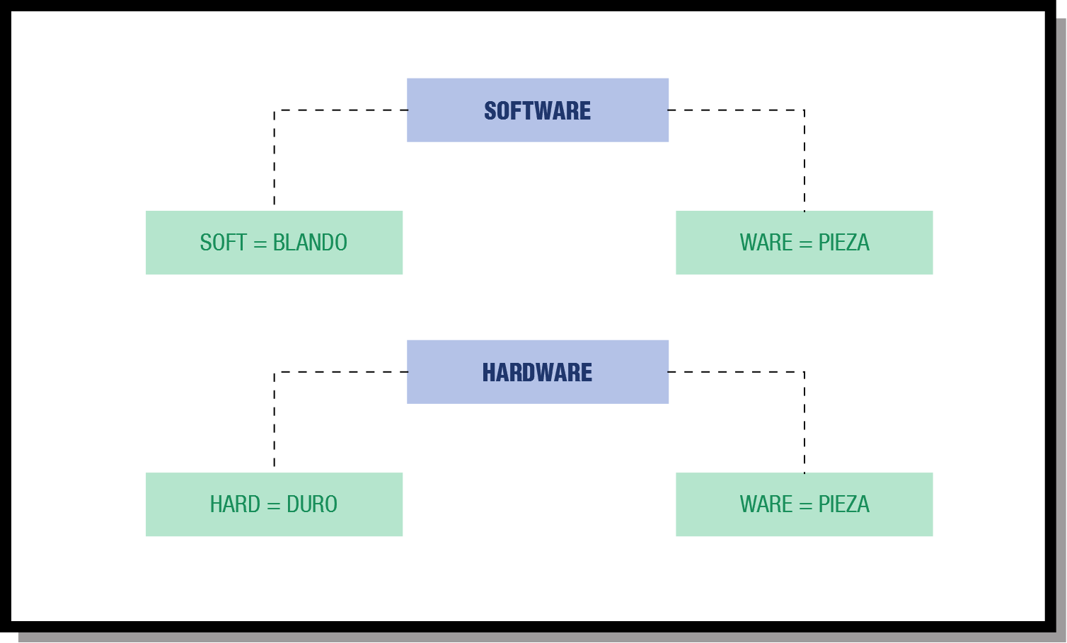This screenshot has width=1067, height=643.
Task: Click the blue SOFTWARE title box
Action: [537, 110]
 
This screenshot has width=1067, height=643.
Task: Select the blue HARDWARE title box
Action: [537, 372]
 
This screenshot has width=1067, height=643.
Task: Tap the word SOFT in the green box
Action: [223, 243]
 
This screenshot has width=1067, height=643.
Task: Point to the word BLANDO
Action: [310, 243]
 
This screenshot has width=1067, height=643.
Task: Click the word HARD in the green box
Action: [235, 504]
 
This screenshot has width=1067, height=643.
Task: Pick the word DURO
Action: [312, 504]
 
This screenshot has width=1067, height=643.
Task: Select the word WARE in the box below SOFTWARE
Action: [766, 243]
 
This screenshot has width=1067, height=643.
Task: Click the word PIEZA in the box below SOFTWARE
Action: [843, 243]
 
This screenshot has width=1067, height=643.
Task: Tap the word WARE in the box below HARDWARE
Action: [766, 504]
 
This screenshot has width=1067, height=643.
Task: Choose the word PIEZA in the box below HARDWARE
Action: [843, 504]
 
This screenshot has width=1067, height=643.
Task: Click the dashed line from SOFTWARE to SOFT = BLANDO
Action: [275, 156]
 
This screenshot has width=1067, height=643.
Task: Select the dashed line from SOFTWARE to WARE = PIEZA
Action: [804, 156]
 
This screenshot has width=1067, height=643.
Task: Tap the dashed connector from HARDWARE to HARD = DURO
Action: [275, 417]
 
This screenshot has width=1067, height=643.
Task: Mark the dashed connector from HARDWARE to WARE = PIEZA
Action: [804, 417]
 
